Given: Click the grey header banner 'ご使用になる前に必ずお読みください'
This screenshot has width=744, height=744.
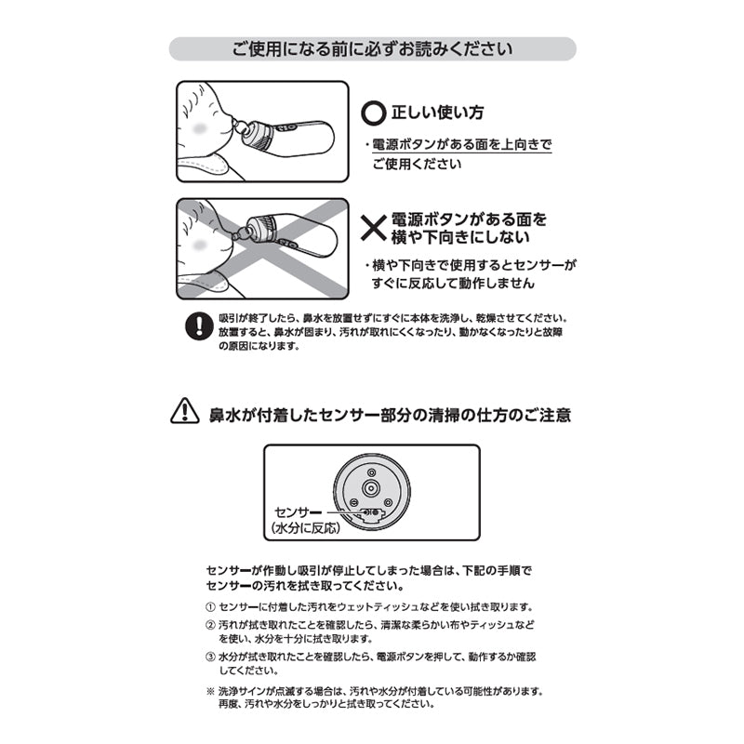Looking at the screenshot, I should [x=372, y=48].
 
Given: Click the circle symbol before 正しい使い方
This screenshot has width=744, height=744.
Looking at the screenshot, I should [x=372, y=113].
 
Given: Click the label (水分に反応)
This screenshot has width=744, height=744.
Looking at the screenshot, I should [x=303, y=527].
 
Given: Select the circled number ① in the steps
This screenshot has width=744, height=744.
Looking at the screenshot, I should [x=209, y=605].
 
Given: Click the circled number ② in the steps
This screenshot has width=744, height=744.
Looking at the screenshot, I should [x=209, y=624].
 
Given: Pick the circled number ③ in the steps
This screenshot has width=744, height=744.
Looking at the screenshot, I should [x=209, y=657].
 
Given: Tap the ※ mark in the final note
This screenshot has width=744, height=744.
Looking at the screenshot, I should [x=209, y=692].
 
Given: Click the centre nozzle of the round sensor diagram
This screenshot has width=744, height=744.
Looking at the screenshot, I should [x=370, y=486].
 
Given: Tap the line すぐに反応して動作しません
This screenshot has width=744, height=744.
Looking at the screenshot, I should [x=454, y=283].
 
